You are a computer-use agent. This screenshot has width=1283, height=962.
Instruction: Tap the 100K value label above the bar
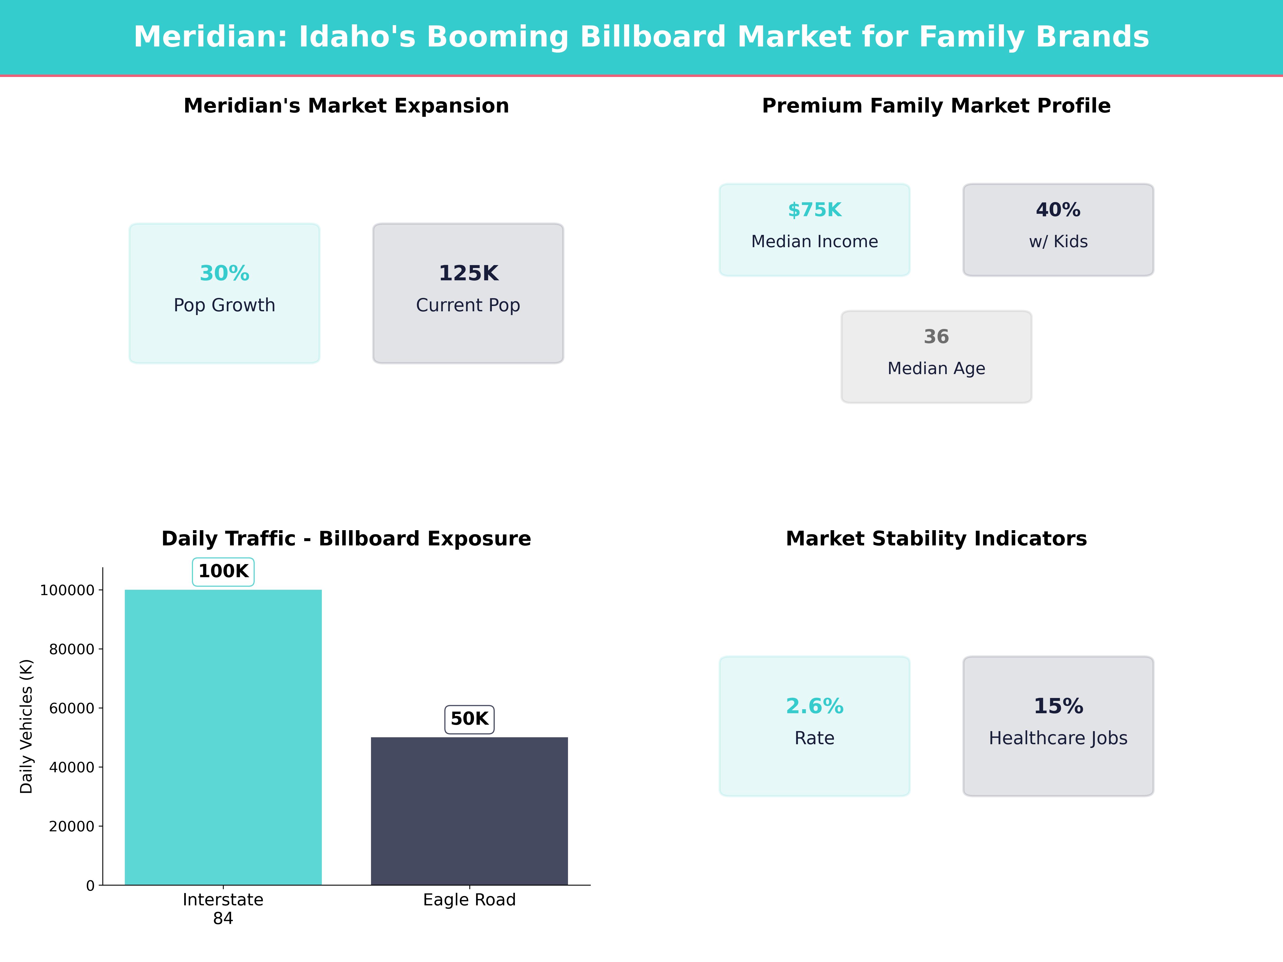[x=223, y=571]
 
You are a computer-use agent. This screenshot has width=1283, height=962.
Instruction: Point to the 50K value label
[x=469, y=719]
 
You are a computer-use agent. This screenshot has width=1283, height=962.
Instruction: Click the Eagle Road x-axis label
[x=469, y=900]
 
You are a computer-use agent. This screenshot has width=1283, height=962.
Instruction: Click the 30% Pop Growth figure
[x=225, y=273]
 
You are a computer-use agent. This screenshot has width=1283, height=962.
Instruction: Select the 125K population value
[x=468, y=273]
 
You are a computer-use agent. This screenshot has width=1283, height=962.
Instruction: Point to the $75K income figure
[x=814, y=210]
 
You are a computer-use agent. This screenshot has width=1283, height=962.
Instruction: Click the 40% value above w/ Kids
[x=1058, y=210]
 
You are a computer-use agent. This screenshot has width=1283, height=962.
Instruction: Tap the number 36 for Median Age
[x=936, y=336]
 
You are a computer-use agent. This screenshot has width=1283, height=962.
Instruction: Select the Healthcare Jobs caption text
[x=1058, y=738]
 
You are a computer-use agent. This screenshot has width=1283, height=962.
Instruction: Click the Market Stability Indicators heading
[x=936, y=539]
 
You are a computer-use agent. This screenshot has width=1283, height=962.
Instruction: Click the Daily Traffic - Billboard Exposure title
[x=346, y=539]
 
